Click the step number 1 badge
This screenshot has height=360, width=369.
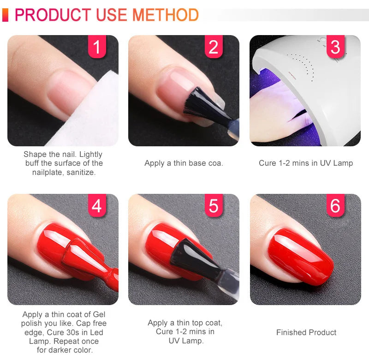pyautogui.click(x=97, y=47)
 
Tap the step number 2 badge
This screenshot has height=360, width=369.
pyautogui.click(x=213, y=47)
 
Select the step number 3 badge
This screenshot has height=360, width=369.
pyautogui.click(x=335, y=47)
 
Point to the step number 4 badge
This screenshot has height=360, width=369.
pyautogui.click(x=97, y=206)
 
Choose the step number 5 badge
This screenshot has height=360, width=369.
pyautogui.click(x=213, y=206)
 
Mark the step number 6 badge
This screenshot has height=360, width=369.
pyautogui.click(x=335, y=206)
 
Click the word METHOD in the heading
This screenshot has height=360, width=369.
pyautogui.click(x=166, y=15)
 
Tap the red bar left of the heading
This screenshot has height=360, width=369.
pyautogui.click(x=5, y=15)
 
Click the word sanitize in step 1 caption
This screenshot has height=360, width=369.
pyautogui.click(x=80, y=172)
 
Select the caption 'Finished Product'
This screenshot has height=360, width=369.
pyautogui.click(x=306, y=332)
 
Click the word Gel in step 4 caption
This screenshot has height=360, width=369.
pyautogui.click(x=97, y=315)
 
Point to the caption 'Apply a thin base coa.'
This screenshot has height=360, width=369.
pyautogui.click(x=184, y=163)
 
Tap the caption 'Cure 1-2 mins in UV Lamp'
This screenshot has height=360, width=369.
pyautogui.click(x=306, y=163)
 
